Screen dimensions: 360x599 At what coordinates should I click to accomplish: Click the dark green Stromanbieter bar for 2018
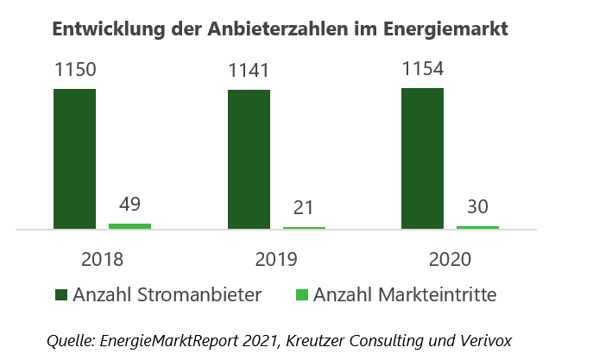tap(74, 159)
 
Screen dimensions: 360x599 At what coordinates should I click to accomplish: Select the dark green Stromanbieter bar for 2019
tap(249, 160)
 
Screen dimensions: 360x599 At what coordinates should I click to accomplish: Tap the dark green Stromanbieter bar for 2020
tap(422, 159)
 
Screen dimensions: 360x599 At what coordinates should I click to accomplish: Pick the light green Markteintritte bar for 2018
tap(129, 226)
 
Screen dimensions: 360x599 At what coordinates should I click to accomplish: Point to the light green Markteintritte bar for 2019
tap(304, 228)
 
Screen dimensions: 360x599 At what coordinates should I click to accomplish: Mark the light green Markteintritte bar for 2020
tap(477, 227)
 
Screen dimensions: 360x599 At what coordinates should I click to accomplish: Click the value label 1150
tap(75, 71)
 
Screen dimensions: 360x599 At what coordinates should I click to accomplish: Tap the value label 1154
tap(423, 70)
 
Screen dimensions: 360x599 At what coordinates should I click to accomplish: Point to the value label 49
tap(129, 205)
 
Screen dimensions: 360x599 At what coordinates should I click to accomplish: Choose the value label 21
tap(304, 208)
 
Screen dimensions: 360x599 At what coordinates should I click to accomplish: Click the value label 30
tap(477, 207)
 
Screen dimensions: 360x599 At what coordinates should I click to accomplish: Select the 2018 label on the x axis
tap(103, 259)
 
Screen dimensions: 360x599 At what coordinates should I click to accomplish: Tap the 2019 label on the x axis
tap(276, 259)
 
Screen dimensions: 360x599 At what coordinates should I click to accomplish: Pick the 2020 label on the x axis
tap(451, 259)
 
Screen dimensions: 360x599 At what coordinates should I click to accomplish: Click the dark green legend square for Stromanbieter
tap(61, 296)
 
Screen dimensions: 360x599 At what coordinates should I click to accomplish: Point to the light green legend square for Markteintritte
tap(302, 296)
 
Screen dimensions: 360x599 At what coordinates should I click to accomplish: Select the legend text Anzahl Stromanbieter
tap(167, 295)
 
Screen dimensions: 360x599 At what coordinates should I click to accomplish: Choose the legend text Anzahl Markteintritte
tap(405, 295)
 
